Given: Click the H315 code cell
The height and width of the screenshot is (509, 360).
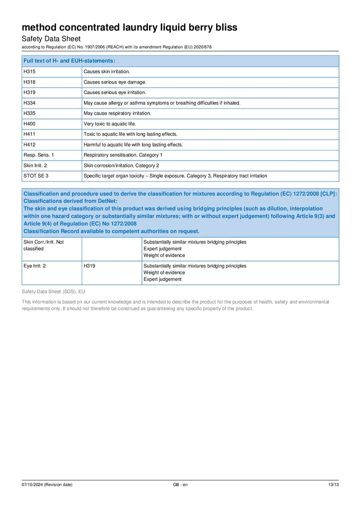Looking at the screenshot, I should pos(29,71).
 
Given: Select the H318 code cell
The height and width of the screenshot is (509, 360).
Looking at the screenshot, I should pos(29,82).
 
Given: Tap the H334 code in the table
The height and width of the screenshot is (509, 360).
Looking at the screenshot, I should pos(29,103).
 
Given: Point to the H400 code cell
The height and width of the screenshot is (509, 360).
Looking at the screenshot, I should pos(29,124).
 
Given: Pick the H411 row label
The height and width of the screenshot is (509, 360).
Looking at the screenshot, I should pos(29,134).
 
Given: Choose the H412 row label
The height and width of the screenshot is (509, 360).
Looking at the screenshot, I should pos(29,145).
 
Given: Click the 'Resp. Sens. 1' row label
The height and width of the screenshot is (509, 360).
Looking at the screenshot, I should pos(38,155).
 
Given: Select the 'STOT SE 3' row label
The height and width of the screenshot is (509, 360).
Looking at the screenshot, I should pos(36,176).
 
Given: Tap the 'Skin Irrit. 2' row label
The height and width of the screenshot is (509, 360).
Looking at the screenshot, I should pos(36,165).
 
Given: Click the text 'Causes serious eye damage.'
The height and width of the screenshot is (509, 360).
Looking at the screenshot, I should pos(115,82).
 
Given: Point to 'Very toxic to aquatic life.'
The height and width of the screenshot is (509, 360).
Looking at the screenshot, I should pos(109,124).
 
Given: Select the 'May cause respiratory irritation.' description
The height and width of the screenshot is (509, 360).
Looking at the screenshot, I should pos(117,113).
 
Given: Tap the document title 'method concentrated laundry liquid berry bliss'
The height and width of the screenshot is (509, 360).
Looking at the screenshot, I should pos(129,27).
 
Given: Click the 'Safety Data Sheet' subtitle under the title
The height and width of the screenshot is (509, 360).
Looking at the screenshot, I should pos(51,39).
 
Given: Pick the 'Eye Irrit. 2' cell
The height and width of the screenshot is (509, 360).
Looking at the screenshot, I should pos(35,266).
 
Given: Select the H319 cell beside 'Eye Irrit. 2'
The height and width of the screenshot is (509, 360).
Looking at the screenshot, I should pos(89,266).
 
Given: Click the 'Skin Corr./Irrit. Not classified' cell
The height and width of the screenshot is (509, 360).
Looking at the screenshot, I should pos(43,245).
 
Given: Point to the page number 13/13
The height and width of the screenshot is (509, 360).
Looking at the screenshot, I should pos(333,485).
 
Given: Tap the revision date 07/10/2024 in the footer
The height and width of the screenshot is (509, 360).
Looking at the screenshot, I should pos(47,485).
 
